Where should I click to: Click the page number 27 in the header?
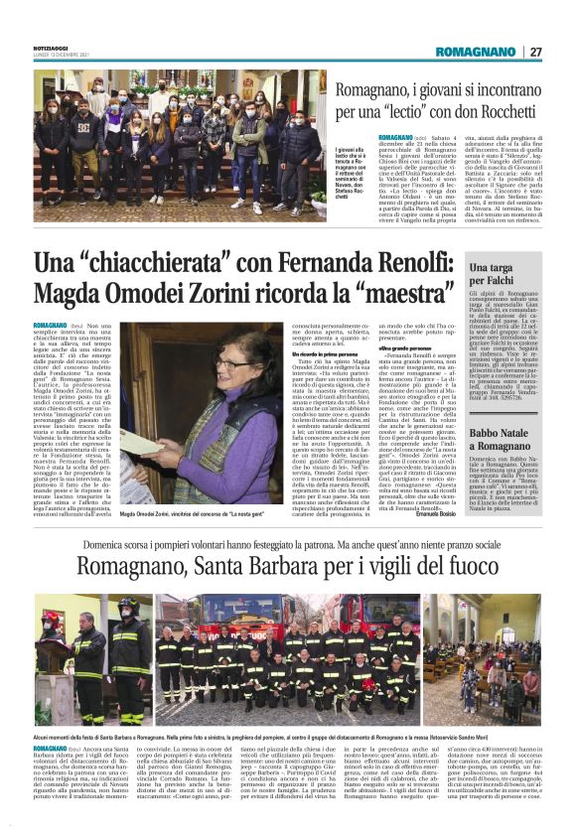pyautogui.click(x=535, y=52)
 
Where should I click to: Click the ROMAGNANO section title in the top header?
pyautogui.click(x=475, y=52)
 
